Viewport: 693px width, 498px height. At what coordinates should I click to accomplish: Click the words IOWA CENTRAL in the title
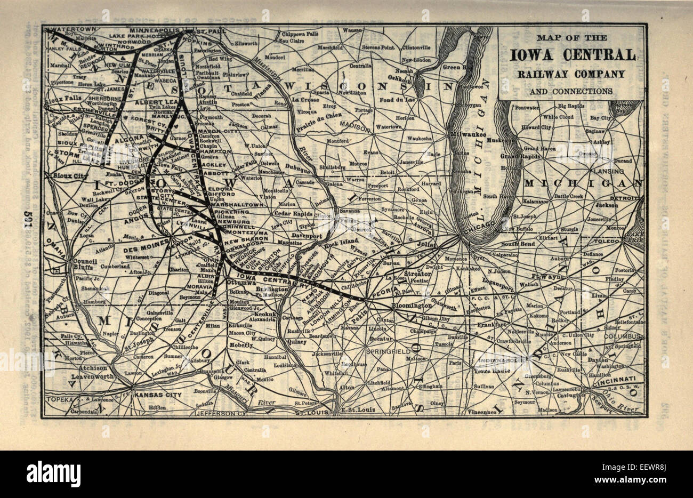pyautogui.click(x=573, y=55)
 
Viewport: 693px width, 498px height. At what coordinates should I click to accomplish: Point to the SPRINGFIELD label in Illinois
pyautogui.click(x=385, y=352)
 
